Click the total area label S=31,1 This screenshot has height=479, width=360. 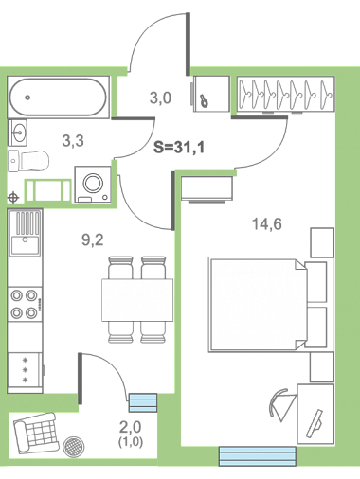click(x=179, y=148)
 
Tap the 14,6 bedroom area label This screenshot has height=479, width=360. click(x=267, y=224)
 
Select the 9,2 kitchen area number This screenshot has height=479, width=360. click(x=93, y=240)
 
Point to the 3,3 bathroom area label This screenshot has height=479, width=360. click(x=73, y=141)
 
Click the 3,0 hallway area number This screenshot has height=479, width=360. click(x=160, y=98)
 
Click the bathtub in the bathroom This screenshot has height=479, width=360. click(x=58, y=98)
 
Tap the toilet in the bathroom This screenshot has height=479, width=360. click(x=28, y=161)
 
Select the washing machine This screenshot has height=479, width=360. click(x=93, y=184)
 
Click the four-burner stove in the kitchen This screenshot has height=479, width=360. click(x=25, y=305)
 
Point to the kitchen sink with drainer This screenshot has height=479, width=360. click(x=25, y=233)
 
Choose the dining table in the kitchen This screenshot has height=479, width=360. click(x=137, y=300)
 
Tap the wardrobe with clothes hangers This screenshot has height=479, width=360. click(x=285, y=94)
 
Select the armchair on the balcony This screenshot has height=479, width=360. click(x=36, y=432)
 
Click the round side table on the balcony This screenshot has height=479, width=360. click(x=74, y=448)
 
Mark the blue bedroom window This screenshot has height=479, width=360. click(x=258, y=456)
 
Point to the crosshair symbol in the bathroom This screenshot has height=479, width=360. click(x=13, y=198)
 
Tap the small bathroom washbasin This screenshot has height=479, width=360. click(x=17, y=133)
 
